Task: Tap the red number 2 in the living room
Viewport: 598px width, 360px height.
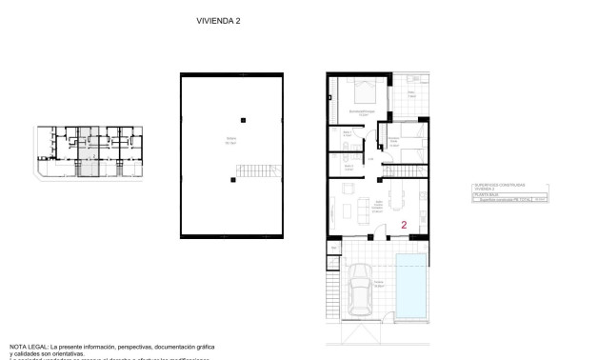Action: point(405,226)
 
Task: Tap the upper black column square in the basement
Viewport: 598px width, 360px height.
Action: point(244,119)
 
